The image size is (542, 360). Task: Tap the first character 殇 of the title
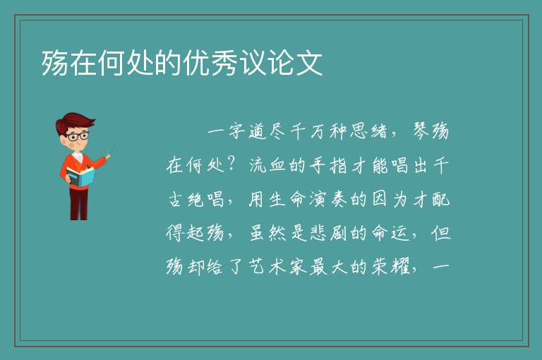[x=54, y=63]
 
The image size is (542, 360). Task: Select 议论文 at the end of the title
[x=281, y=63]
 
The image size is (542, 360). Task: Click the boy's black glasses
[x=78, y=136]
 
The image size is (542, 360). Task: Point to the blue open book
[x=80, y=176]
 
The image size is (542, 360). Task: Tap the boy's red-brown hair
[x=74, y=122]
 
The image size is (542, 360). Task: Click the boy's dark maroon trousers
[x=78, y=204]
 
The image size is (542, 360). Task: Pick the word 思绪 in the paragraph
[x=368, y=131]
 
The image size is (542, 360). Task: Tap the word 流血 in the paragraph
[x=267, y=165]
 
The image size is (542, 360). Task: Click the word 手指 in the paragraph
[x=328, y=165]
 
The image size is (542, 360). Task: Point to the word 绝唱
[x=205, y=199]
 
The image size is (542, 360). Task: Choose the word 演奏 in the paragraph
[x=328, y=199]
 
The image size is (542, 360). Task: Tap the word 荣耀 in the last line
[x=390, y=267]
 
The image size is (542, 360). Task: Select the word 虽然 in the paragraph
[x=267, y=233]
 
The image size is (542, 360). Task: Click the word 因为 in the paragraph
[x=390, y=199]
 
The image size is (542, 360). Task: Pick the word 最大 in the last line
[x=328, y=267]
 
